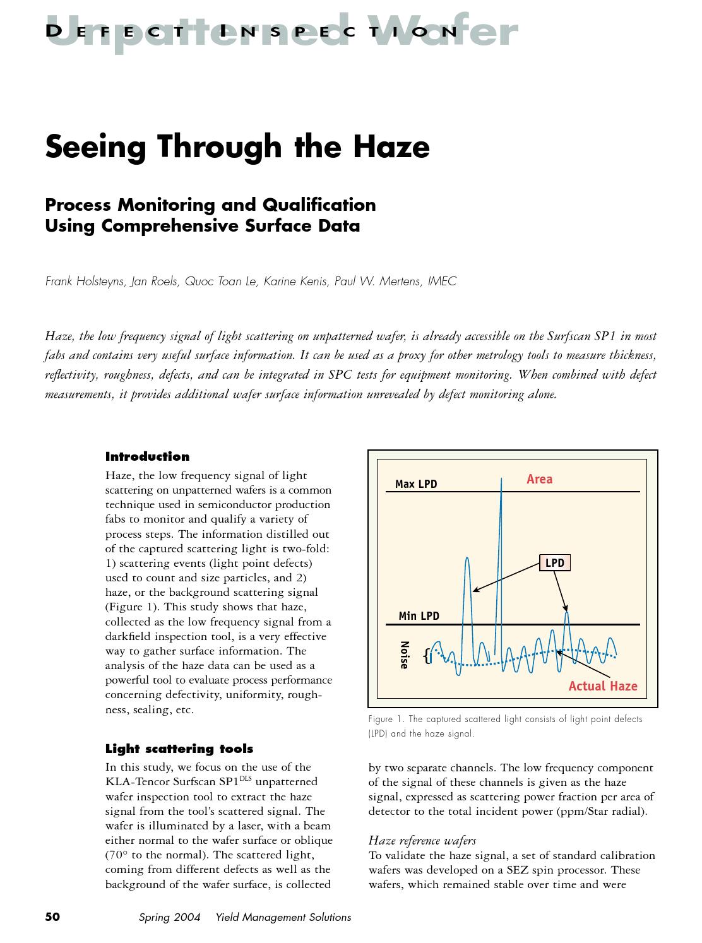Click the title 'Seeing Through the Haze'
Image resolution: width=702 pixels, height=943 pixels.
[237, 146]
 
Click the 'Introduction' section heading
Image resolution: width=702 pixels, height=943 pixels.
[147, 456]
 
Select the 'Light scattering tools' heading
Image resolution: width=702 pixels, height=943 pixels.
[179, 749]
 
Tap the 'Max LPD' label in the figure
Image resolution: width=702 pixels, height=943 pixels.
[415, 484]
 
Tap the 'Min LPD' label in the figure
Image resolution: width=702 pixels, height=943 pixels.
[419, 616]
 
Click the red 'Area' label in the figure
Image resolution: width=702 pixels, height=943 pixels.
[539, 479]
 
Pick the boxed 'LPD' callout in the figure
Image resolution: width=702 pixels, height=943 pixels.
[554, 562]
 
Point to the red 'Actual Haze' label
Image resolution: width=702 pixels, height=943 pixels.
[602, 686]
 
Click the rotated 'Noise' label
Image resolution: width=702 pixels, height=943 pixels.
[405, 655]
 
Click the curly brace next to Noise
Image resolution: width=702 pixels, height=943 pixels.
[427, 656]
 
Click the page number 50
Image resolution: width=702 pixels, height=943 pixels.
[52, 916]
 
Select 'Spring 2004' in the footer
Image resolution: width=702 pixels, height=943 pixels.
[169, 917]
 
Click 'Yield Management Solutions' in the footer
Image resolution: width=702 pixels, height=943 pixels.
[283, 917]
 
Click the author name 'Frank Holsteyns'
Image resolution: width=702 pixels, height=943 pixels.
[85, 282]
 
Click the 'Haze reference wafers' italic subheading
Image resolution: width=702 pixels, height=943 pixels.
[422, 840]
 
